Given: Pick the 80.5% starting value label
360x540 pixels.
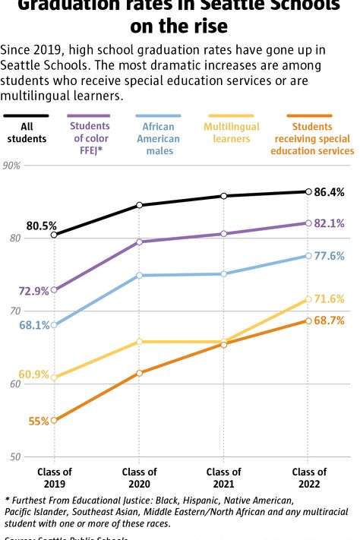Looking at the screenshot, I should click(41, 226).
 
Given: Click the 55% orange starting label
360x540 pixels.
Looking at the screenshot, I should click(39, 421).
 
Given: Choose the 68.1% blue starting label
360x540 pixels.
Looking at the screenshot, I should click(34, 325).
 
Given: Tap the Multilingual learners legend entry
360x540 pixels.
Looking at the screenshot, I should click(232, 133).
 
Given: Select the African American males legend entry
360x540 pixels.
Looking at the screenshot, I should click(158, 139).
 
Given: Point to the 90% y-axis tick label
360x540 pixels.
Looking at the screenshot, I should click(11, 165).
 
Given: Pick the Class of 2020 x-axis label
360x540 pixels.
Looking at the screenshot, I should click(139, 478).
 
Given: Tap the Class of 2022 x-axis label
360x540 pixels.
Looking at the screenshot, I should click(308, 478).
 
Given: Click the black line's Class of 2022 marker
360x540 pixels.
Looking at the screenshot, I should click(308, 191).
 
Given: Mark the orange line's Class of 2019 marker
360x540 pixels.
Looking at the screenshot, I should click(54, 420).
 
